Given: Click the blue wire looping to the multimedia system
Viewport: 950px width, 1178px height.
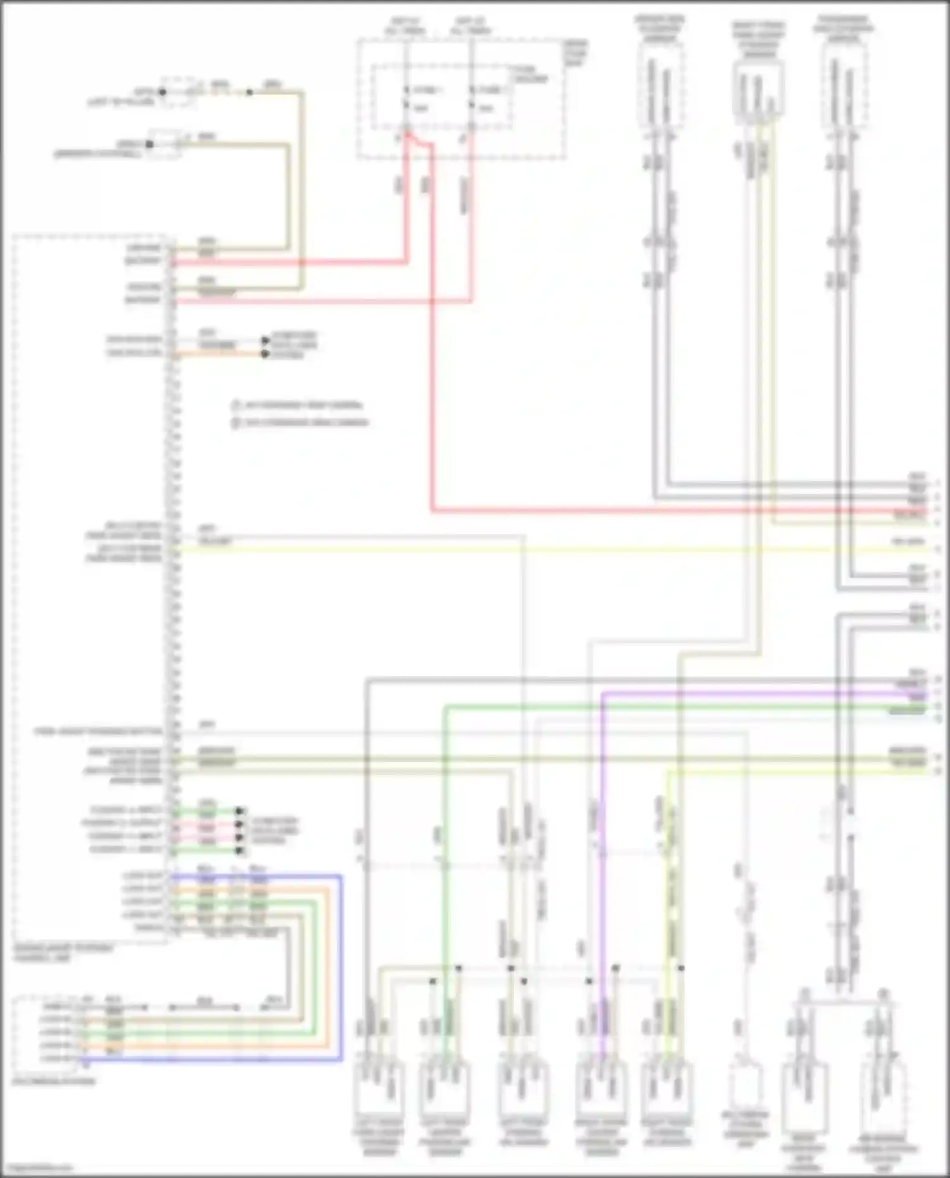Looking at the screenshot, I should tap(341, 968).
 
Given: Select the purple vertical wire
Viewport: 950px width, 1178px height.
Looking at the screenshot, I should tap(602, 855).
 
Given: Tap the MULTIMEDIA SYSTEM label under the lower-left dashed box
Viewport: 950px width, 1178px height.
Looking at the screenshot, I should tap(54, 1081).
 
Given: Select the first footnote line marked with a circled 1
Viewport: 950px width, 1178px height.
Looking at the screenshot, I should tap(298, 405).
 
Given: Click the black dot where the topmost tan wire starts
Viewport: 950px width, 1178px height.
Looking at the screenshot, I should tap(162, 92).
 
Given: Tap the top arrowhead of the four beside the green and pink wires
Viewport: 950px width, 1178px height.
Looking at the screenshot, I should tap(239, 811).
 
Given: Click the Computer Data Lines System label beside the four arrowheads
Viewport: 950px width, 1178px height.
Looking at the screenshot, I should tap(275, 830).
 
